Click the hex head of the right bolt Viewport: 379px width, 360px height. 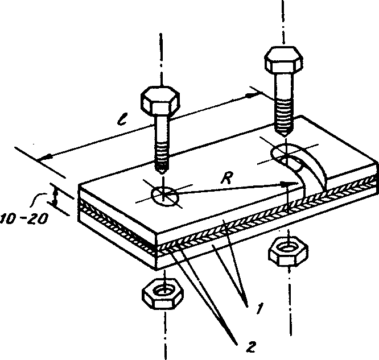(283, 60)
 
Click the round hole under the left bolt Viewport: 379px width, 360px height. (165, 196)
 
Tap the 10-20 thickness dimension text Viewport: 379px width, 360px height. (24, 218)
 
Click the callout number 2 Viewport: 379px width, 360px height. (251, 347)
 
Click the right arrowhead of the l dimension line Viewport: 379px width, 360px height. (252, 95)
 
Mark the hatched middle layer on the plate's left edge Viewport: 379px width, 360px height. (118, 226)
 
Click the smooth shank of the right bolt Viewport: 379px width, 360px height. (285, 85)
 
